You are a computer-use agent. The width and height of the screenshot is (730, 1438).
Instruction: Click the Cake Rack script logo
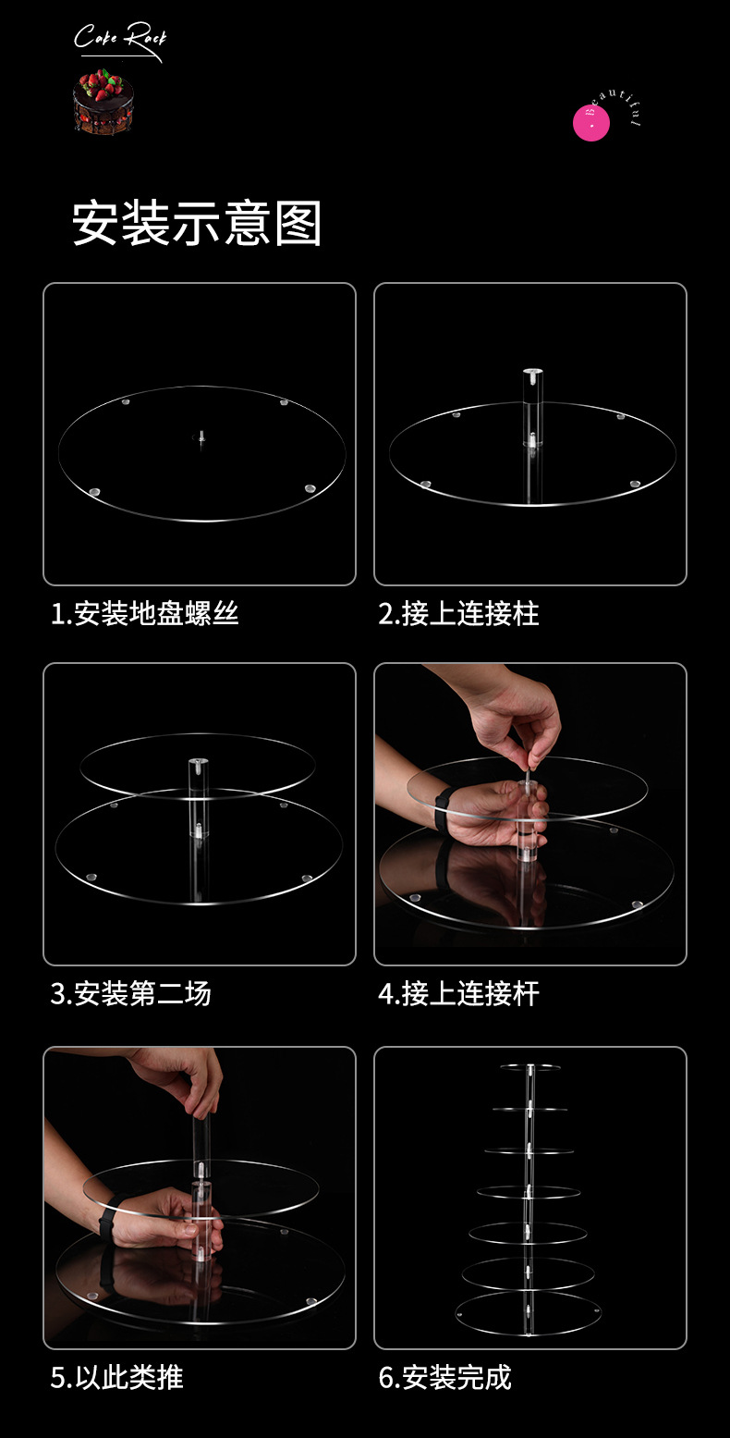pyautogui.click(x=119, y=40)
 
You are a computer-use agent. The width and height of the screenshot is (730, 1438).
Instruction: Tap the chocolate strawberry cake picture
pyautogui.click(x=103, y=104)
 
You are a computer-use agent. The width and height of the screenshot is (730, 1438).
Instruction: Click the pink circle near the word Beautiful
pyautogui.click(x=591, y=124)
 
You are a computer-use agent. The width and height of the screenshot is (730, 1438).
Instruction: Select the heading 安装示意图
pyautogui.click(x=197, y=224)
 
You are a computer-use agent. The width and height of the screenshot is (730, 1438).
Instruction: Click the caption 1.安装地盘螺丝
pyautogui.click(x=145, y=613)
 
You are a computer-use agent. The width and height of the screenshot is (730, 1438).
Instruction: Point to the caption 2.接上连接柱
pyautogui.click(x=458, y=613)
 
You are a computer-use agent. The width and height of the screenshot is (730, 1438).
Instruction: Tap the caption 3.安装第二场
pyautogui.click(x=131, y=994)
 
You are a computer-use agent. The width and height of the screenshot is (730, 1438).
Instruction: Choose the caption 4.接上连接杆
pyautogui.click(x=458, y=994)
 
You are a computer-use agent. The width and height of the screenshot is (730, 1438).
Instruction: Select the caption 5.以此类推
pyautogui.click(x=117, y=1377)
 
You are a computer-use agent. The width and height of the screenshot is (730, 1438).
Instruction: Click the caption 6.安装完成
pyautogui.click(x=445, y=1377)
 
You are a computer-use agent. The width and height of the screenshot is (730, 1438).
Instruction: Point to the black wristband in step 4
pyautogui.click(x=443, y=805)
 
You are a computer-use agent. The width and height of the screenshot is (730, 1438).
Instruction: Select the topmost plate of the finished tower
pyautogui.click(x=530, y=1067)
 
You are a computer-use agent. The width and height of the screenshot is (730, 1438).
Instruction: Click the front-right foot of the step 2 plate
pyautogui.click(x=635, y=484)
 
